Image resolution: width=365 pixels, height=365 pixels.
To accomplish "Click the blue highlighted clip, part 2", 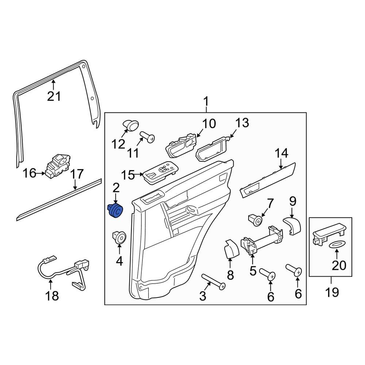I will (116, 211).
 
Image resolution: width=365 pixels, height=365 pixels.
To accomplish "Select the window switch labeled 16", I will (57, 166).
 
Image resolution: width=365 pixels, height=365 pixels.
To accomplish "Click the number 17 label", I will (77, 174).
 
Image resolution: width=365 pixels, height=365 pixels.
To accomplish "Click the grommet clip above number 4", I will (119, 237).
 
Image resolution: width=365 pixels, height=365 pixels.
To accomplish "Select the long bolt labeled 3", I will (213, 282).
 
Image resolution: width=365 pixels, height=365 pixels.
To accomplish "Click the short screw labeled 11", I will (148, 138).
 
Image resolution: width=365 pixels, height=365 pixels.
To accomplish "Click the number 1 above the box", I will (206, 101).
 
